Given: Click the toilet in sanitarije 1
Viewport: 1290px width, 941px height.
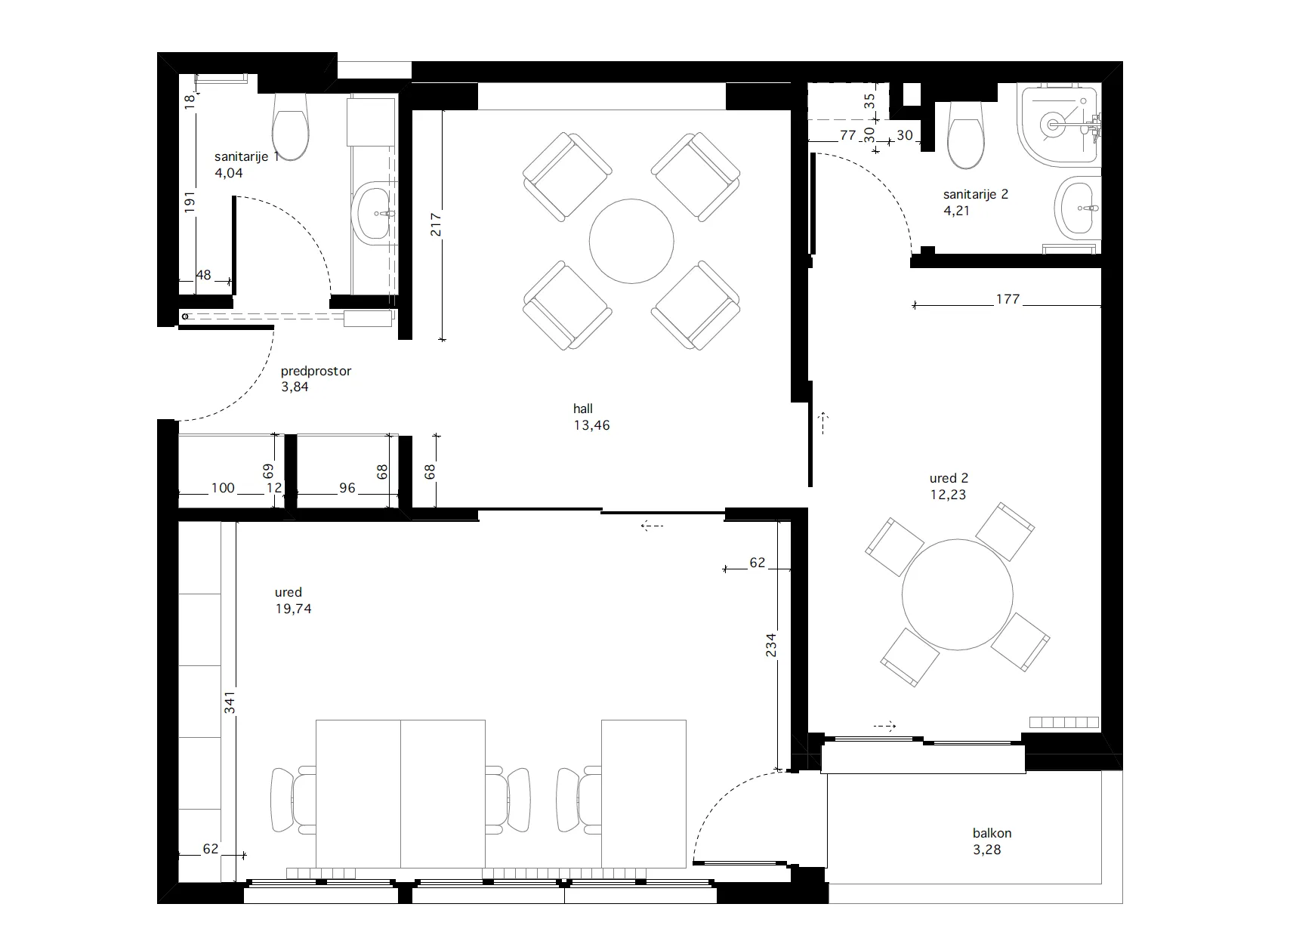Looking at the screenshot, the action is click(x=290, y=127).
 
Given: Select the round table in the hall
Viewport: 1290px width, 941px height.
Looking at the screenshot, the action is click(x=631, y=242).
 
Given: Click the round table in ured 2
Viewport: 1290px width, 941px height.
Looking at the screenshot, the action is click(x=957, y=594).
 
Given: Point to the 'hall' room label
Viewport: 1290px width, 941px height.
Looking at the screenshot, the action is click(x=583, y=409).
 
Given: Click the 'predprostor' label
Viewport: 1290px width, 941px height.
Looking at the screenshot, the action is click(x=316, y=372).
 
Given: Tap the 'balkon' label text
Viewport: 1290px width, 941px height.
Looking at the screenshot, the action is click(x=992, y=833).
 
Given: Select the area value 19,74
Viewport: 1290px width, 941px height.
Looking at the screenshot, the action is click(x=293, y=609).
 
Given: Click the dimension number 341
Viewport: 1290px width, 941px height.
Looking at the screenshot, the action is click(x=230, y=702).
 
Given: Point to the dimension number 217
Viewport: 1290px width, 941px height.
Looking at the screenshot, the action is click(x=436, y=224).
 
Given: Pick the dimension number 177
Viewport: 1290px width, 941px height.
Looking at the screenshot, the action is click(x=1008, y=299).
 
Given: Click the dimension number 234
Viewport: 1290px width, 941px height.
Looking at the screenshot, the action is click(x=770, y=645).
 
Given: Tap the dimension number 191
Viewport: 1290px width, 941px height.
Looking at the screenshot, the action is click(x=190, y=202).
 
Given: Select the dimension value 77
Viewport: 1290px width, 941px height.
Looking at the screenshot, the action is click(x=847, y=135).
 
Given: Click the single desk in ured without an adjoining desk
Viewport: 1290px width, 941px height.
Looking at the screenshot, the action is click(x=643, y=794).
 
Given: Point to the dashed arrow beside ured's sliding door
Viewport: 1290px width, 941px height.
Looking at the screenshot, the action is click(x=652, y=525).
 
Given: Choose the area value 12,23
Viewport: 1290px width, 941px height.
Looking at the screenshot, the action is click(x=948, y=495).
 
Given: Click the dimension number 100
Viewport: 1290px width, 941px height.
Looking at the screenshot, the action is click(x=223, y=488).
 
